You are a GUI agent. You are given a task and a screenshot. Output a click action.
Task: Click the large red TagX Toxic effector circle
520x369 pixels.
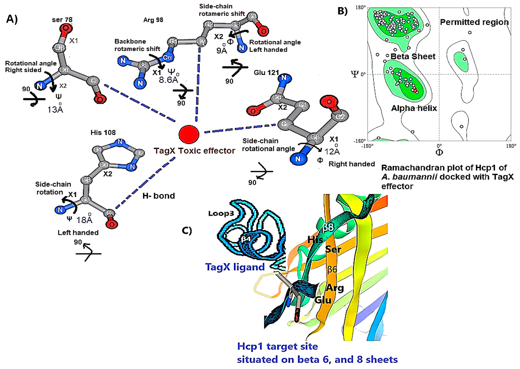click(x=189, y=134)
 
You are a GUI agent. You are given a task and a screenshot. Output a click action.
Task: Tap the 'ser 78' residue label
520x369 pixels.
click(x=62, y=20)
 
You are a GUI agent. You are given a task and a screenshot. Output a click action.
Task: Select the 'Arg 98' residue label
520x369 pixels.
click(x=153, y=20)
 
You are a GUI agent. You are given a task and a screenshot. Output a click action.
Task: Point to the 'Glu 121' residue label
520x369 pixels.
click(x=266, y=73)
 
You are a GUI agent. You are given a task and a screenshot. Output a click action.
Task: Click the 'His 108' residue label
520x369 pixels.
click(x=103, y=133)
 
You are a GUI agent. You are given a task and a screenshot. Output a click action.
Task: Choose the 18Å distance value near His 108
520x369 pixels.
click(x=84, y=220)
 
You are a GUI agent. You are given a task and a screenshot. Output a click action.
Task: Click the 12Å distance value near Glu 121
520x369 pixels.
click(x=332, y=151)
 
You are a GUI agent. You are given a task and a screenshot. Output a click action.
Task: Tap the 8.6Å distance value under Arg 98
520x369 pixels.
click(x=168, y=80)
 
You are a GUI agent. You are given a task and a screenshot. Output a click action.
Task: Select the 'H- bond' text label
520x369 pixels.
click(x=159, y=196)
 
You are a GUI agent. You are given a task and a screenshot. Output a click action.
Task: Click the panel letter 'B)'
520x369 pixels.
click(x=342, y=11)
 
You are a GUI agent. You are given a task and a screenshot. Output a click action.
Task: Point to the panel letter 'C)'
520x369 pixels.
click(x=187, y=231)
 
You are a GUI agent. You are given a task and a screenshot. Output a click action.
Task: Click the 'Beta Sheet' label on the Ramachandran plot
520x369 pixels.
click(x=413, y=57)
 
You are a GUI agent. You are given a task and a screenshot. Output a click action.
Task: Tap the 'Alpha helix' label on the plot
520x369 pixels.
click(x=414, y=108)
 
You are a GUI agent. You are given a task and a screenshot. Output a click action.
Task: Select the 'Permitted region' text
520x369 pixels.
click(x=474, y=22)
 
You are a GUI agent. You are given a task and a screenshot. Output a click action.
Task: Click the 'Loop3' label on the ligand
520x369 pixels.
click(x=221, y=214)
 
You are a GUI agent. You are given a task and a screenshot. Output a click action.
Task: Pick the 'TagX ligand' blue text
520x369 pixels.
click(x=235, y=267)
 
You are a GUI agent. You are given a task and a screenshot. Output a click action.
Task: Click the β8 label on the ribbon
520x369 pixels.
click(x=328, y=227)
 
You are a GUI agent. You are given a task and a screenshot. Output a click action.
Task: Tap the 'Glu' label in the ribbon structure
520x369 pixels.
click(x=323, y=300)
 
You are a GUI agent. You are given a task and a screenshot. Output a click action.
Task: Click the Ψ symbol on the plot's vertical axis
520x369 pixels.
click(x=354, y=74)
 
